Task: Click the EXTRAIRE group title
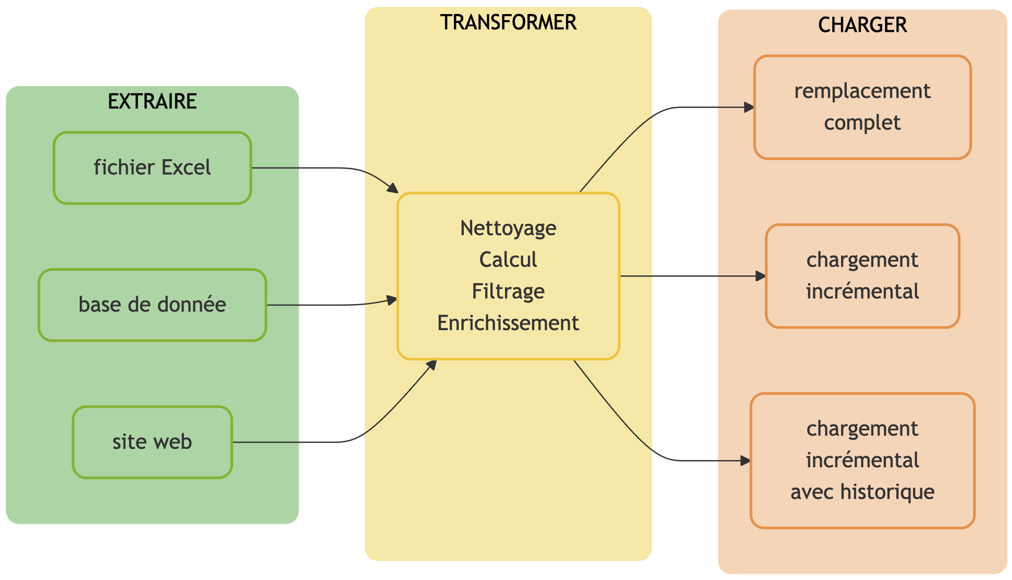point(152,101)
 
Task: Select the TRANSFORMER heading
point(508,22)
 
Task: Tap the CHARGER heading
point(862,25)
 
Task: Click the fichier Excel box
point(152,168)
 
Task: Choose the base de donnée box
point(152,305)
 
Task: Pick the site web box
point(152,442)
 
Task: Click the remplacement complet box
point(862,107)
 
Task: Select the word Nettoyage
point(508,228)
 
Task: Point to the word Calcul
point(508,260)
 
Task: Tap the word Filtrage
point(508,292)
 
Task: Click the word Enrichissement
point(508,323)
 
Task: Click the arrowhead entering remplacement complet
point(749,107)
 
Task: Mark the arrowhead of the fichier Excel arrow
point(393,189)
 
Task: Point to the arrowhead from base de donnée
point(392,300)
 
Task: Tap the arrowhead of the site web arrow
point(431,365)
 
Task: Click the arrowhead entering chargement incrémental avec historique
point(746,461)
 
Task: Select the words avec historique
point(862,492)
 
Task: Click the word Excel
point(186,168)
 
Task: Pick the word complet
point(862,123)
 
